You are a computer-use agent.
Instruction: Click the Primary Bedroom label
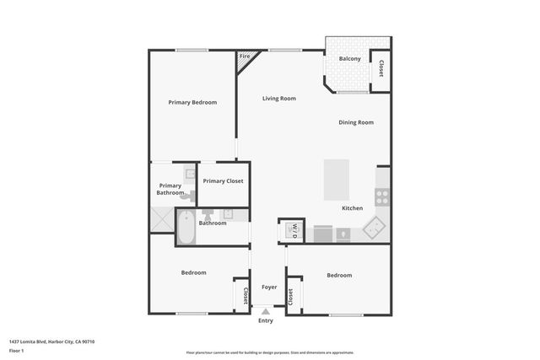click(x=192, y=102)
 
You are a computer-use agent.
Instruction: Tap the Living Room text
click(x=278, y=99)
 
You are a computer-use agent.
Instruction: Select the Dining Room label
click(x=356, y=123)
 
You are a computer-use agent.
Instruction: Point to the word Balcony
click(x=350, y=59)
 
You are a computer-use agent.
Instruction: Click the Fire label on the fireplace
click(x=245, y=56)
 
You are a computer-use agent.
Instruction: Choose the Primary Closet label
click(x=223, y=180)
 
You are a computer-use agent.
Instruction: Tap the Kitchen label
click(x=352, y=208)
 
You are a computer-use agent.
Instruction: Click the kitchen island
click(x=336, y=179)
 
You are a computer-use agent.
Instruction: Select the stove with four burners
click(x=381, y=197)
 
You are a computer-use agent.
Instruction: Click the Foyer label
click(x=269, y=287)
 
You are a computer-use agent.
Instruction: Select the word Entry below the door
click(x=266, y=320)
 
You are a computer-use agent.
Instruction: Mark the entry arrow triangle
click(x=266, y=311)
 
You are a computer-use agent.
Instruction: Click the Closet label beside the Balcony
click(x=381, y=69)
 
